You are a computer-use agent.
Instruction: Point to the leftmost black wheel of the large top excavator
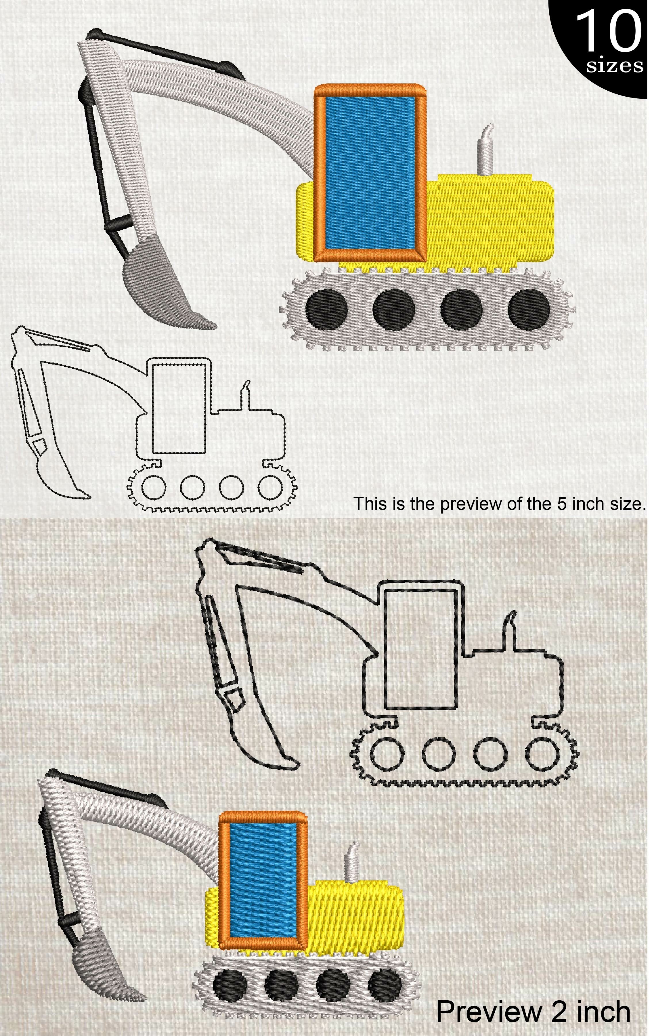tap(326, 309)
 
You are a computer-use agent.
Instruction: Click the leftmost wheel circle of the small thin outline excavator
tap(154, 487)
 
